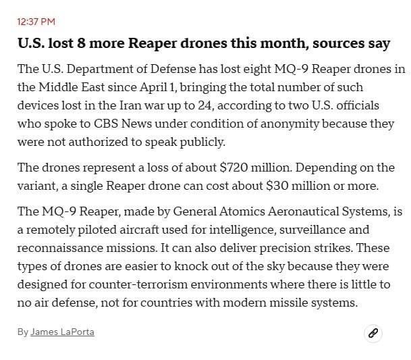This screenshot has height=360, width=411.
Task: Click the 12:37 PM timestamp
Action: pos(36,22)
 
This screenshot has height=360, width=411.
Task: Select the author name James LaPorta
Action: pos(62,332)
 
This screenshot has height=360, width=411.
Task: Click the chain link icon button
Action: pos(373,333)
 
